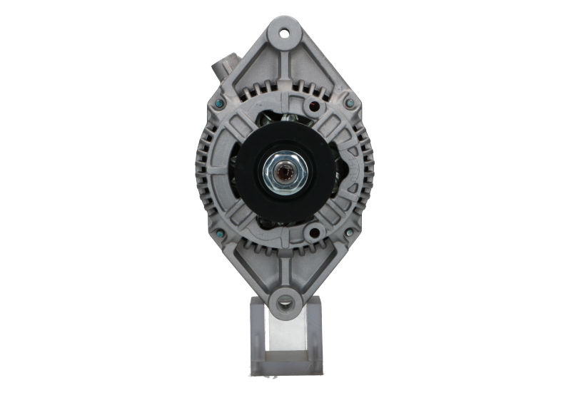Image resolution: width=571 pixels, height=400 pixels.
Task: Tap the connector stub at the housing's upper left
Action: pos(228,66)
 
